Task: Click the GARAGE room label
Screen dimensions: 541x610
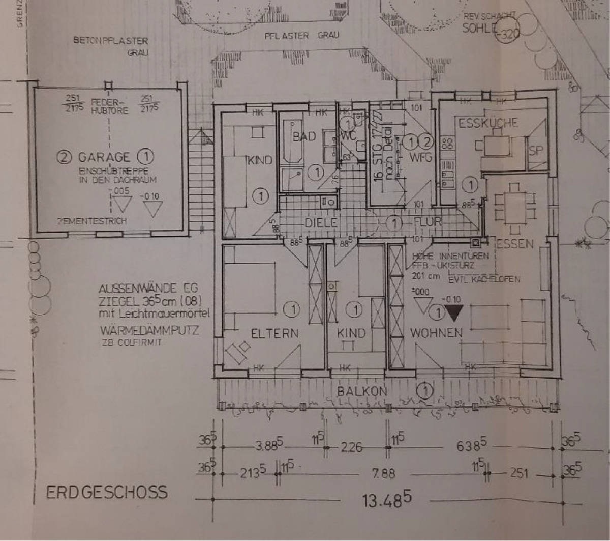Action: (x=104, y=157)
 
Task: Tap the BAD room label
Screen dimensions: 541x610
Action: (x=304, y=136)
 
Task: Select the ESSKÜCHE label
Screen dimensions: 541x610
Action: (x=488, y=123)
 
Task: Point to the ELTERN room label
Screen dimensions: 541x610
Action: (x=274, y=333)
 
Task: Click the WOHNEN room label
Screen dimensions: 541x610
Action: (x=436, y=333)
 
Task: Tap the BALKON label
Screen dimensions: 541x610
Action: (x=362, y=391)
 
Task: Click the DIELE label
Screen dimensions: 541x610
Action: (x=321, y=223)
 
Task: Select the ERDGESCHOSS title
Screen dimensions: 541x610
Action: (x=106, y=492)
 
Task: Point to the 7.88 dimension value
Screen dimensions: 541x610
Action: (x=383, y=474)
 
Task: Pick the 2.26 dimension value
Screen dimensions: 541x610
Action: (x=352, y=447)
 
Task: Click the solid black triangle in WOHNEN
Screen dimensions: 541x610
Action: (x=453, y=312)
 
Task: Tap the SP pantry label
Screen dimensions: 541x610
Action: (x=536, y=151)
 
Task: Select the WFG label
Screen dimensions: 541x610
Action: (x=421, y=157)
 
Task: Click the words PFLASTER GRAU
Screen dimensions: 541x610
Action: (x=301, y=36)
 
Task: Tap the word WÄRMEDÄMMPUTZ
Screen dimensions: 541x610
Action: (x=149, y=330)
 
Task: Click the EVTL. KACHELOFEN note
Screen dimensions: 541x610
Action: (x=484, y=279)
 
